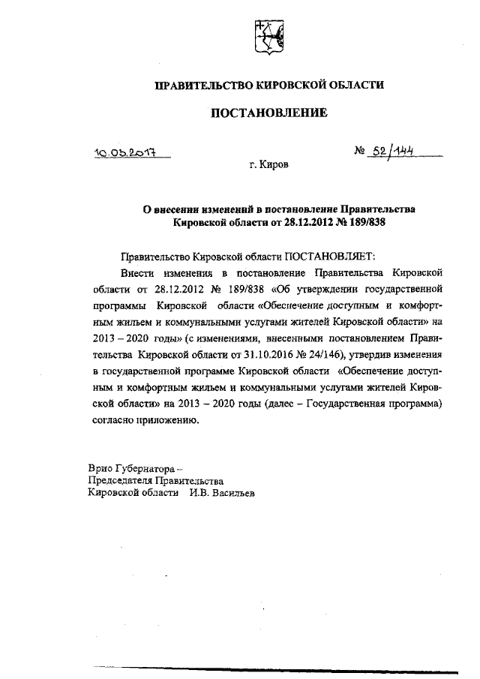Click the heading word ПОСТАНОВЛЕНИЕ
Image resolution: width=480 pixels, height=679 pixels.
pyautogui.click(x=268, y=114)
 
